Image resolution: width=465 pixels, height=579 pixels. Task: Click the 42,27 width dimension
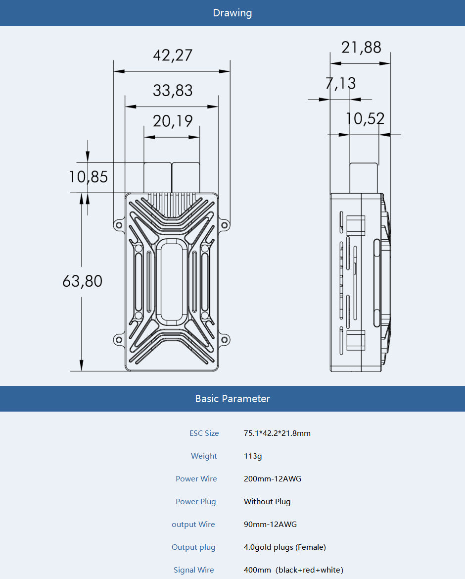(x=172, y=55)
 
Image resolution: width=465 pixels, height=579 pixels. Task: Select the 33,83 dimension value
(x=172, y=91)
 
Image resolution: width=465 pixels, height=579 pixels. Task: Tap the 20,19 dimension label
(x=172, y=121)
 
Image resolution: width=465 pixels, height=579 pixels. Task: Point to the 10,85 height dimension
(x=88, y=177)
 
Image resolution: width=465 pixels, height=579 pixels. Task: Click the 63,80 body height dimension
(x=82, y=281)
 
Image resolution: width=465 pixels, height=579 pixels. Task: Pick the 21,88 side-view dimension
(x=361, y=48)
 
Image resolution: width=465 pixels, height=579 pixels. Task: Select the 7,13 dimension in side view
(x=340, y=83)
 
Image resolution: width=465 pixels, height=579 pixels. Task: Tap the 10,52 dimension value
(x=365, y=119)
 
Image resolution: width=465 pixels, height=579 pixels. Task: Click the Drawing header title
(x=232, y=13)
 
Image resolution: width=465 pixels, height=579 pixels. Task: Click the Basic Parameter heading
(x=232, y=399)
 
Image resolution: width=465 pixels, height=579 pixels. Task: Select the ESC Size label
(x=204, y=433)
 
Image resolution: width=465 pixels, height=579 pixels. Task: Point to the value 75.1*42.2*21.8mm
(x=277, y=433)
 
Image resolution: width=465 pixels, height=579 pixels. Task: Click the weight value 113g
(x=253, y=456)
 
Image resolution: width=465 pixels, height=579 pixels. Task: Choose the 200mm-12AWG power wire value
(x=272, y=479)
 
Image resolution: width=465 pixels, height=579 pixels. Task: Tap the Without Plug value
(x=267, y=502)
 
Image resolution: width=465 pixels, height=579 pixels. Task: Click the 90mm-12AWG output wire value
(x=270, y=525)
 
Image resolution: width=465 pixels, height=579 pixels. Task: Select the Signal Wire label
(x=193, y=570)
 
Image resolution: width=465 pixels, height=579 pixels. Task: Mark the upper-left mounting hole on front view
(x=119, y=225)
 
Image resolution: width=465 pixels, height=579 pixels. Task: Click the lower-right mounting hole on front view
(x=224, y=340)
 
